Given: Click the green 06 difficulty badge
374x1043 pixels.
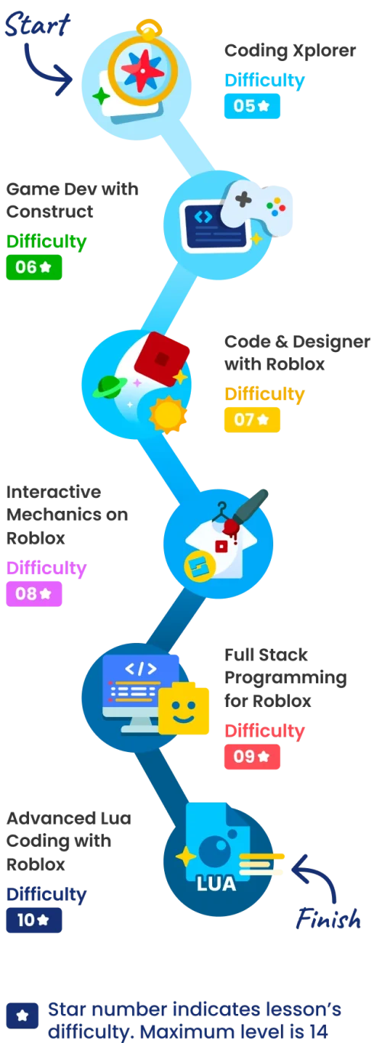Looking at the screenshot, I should (34, 267).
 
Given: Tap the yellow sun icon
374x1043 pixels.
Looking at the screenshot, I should (168, 415).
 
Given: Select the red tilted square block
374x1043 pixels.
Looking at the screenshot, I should (162, 359).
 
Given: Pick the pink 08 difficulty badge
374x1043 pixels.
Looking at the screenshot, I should (34, 593).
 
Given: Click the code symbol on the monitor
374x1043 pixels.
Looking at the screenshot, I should (140, 670).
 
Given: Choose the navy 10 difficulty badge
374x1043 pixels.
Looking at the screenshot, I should (34, 920).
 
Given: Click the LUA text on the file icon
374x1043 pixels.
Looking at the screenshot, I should (217, 884).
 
